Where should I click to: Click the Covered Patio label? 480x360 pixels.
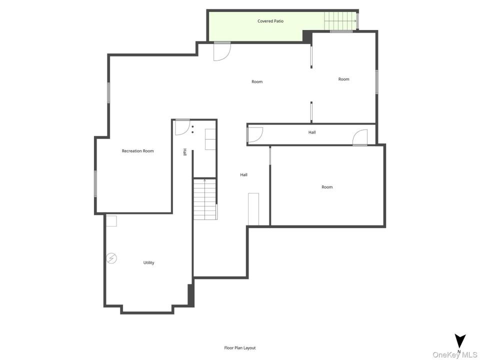coord(270,21)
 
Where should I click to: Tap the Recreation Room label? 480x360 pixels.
coord(138,151)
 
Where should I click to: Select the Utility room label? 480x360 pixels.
coord(149,262)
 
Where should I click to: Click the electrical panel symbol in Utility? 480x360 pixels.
coord(111,258)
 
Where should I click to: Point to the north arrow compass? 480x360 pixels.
coord(460,341)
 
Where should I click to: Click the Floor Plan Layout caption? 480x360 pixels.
coord(239,348)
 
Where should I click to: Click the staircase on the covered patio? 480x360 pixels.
coord(340,21)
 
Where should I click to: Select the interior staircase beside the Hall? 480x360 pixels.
coord(205,199)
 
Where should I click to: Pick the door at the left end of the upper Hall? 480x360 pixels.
coord(255,135)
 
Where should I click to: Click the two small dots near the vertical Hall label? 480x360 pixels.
coord(192,129)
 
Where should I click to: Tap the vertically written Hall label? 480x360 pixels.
coord(184,152)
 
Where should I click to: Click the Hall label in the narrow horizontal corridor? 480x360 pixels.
coord(312,132)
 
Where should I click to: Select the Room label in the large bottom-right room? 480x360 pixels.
coord(327,187)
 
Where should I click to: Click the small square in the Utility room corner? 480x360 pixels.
coord(111,221)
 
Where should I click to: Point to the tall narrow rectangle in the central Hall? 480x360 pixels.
coord(253,209)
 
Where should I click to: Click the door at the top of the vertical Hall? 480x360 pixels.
coord(182,127)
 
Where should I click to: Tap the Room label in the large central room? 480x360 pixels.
coord(257,81)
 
